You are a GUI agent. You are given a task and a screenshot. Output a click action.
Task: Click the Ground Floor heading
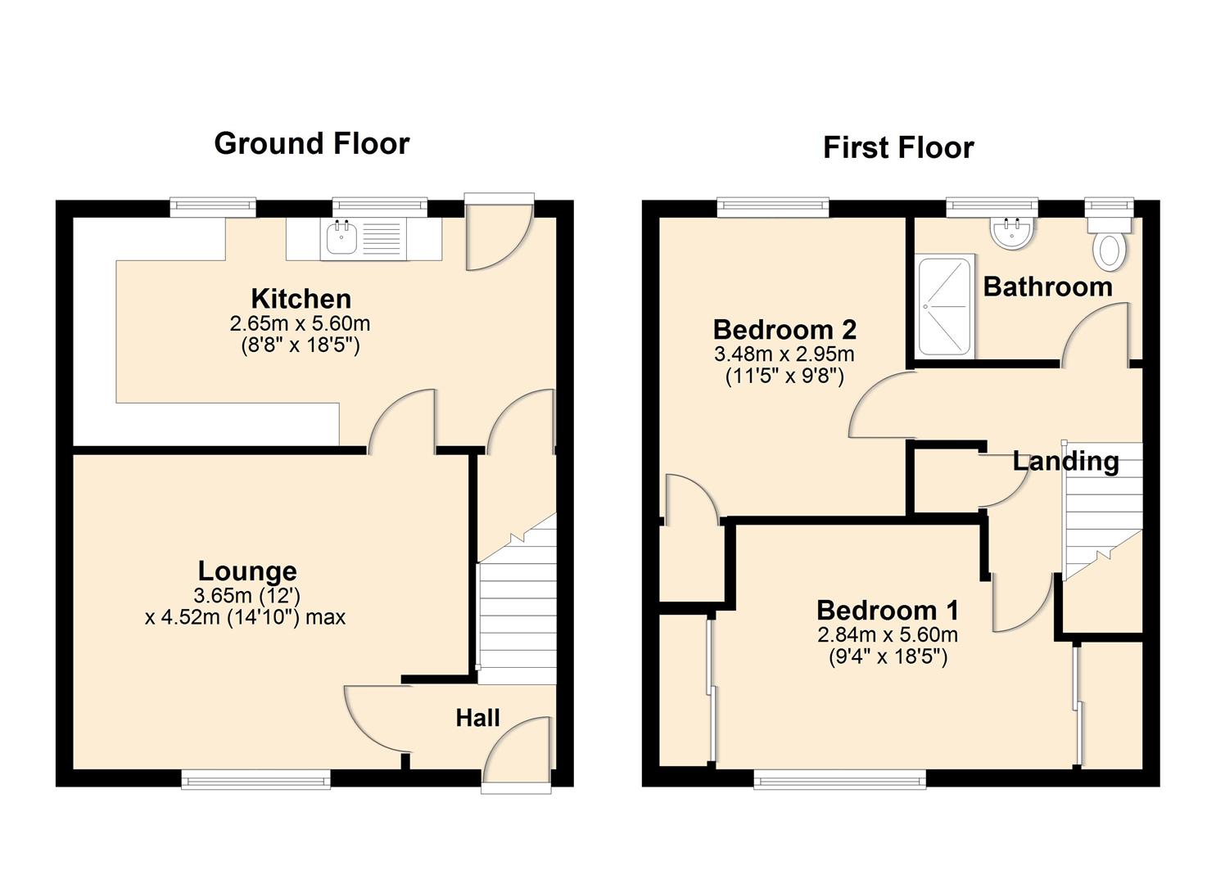coord(311,143)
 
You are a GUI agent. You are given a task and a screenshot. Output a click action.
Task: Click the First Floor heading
coord(898,148)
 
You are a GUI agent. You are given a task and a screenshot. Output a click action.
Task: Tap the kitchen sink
coord(341,238)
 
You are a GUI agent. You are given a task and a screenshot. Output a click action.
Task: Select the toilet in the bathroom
coord(1110,247)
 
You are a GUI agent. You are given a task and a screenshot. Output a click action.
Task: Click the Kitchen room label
coord(301,299)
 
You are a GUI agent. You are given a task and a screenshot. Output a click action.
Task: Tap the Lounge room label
coord(247,571)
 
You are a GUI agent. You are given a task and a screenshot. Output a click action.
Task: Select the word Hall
coord(477,719)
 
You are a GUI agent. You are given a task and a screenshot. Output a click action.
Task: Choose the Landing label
coord(1065,462)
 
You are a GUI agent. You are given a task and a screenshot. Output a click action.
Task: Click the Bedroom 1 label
coord(888,611)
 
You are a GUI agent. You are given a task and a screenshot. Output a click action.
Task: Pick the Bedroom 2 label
coord(784,330)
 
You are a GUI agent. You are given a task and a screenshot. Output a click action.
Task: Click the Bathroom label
coord(1047,287)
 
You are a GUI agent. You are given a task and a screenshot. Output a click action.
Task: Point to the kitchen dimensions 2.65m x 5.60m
coord(300,324)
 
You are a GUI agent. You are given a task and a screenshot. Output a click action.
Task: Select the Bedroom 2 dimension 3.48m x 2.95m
coord(784,354)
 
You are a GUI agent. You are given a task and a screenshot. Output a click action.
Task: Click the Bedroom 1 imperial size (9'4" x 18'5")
coord(888,656)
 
